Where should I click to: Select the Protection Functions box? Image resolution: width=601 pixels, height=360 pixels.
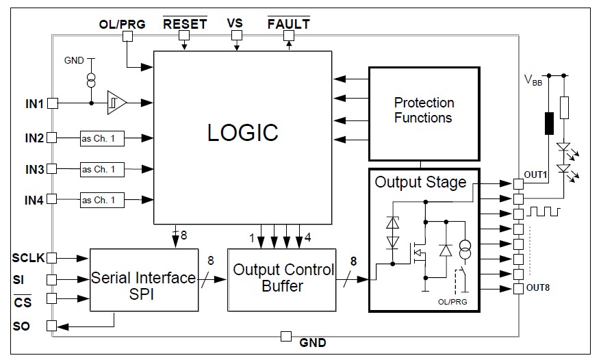click(x=423, y=111)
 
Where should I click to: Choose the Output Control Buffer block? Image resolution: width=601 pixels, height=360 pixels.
click(x=283, y=278)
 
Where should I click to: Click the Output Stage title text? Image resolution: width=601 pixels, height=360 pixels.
click(x=420, y=183)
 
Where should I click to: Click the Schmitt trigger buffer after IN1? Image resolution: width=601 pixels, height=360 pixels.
click(x=117, y=103)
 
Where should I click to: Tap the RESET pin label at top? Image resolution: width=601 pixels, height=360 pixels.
click(x=184, y=24)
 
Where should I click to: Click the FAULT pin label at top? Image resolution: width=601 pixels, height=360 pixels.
click(x=288, y=24)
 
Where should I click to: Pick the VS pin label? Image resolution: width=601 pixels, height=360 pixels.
click(x=235, y=23)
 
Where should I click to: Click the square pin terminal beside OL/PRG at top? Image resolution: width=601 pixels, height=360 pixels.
click(x=127, y=38)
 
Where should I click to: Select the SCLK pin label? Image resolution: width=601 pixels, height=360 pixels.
click(x=28, y=258)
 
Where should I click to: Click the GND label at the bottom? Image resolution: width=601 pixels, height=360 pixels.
click(x=313, y=342)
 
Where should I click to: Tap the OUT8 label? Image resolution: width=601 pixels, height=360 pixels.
click(x=538, y=287)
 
